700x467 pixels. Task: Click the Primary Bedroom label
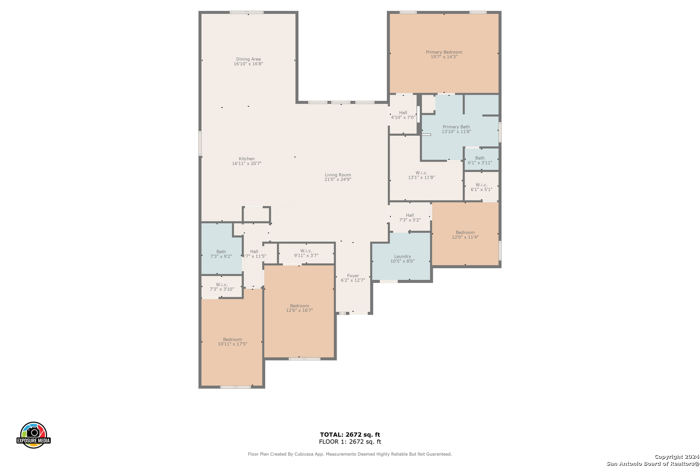point(444,52)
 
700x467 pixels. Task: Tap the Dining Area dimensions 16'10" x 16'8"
point(248,64)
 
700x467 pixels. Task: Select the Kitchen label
point(247,159)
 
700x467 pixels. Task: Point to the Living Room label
point(338,175)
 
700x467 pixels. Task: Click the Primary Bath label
point(456,127)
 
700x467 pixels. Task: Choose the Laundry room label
point(403,256)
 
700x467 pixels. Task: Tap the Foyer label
point(353,275)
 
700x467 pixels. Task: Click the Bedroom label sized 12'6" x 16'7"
point(299,306)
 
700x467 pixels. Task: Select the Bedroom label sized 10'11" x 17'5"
point(232,339)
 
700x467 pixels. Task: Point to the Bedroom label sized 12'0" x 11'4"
point(465,232)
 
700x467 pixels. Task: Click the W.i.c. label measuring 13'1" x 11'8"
point(421,173)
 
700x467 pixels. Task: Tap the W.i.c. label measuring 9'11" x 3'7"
point(306,251)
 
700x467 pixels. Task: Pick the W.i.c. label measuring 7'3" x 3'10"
point(222,285)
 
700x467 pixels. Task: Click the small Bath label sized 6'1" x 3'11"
point(480,158)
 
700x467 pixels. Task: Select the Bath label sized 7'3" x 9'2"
point(221,252)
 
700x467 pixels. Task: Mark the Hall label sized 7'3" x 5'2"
point(410,215)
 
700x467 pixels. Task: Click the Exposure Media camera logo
point(33,435)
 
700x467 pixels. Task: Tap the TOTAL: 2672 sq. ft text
point(350,435)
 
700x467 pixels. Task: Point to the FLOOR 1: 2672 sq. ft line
point(350,441)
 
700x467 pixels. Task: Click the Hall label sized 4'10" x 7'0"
point(403,112)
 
